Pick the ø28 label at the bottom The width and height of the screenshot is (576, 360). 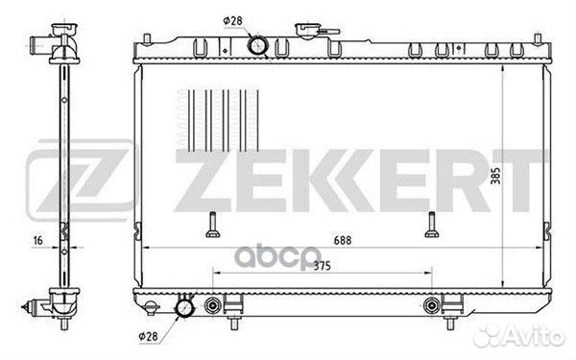tap(148, 336)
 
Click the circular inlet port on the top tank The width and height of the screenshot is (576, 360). tap(258, 45)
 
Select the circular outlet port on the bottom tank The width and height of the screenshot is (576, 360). tap(183, 309)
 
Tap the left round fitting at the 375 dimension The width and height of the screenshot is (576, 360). tap(213, 307)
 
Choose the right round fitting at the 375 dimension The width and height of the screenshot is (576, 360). tap(430, 307)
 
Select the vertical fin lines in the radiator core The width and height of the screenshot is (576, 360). tap(222, 121)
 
